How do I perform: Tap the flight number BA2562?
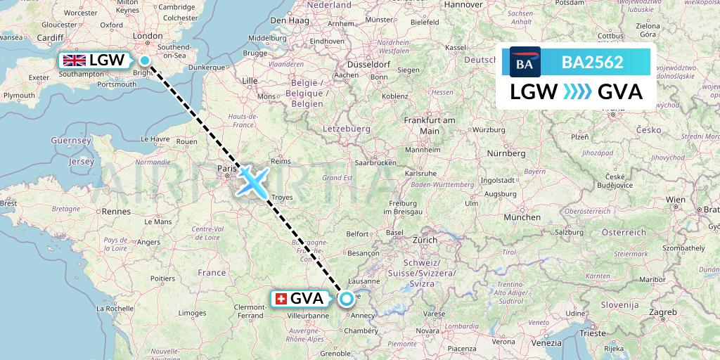pyautogui.click(x=592, y=62)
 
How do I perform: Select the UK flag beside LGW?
pyautogui.click(x=74, y=60)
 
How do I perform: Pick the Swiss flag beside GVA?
pyautogui.click(x=280, y=299)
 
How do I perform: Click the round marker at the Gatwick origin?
pyautogui.click(x=145, y=60)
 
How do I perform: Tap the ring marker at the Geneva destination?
pyautogui.click(x=347, y=299)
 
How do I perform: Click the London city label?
pyautogui.click(x=148, y=36)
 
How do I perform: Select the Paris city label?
pyautogui.click(x=226, y=169)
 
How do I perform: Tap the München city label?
pyautogui.click(x=522, y=218)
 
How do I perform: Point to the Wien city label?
pyautogui.click(x=676, y=200)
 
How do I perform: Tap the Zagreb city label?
pyautogui.click(x=663, y=311)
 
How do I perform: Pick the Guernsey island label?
pyautogui.click(x=72, y=141)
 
